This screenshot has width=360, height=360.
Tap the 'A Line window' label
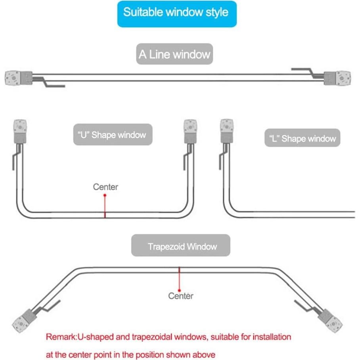pos(174,54)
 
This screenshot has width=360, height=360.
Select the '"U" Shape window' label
pos(113,135)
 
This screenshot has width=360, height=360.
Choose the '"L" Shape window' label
pos(303,139)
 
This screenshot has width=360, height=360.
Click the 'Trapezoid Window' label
pos(181,247)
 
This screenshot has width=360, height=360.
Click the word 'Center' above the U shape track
pos(105,186)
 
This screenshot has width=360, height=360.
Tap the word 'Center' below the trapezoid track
pos(181,296)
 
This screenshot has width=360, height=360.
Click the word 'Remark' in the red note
pos(59,337)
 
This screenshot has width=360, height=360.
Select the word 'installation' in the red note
pos(268,337)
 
